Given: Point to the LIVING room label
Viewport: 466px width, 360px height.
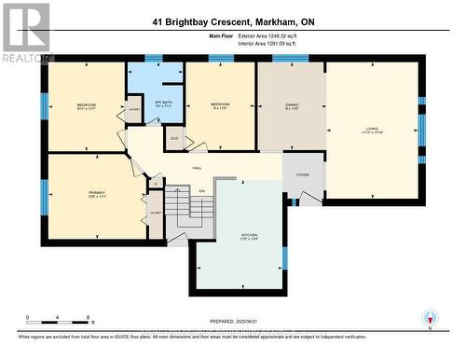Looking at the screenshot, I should (x=372, y=130).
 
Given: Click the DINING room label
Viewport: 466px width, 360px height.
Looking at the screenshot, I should (x=292, y=106).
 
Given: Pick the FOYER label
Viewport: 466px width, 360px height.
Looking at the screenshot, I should (x=303, y=173).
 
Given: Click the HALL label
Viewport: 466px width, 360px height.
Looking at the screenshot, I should (x=197, y=168).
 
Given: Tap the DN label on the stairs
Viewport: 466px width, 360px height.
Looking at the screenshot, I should (x=201, y=189).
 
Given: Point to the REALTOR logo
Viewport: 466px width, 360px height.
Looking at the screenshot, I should (x=25, y=34).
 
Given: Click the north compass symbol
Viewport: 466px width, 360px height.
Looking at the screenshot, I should (x=429, y=317).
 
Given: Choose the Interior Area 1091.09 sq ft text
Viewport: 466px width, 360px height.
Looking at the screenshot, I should (x=280, y=44).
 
